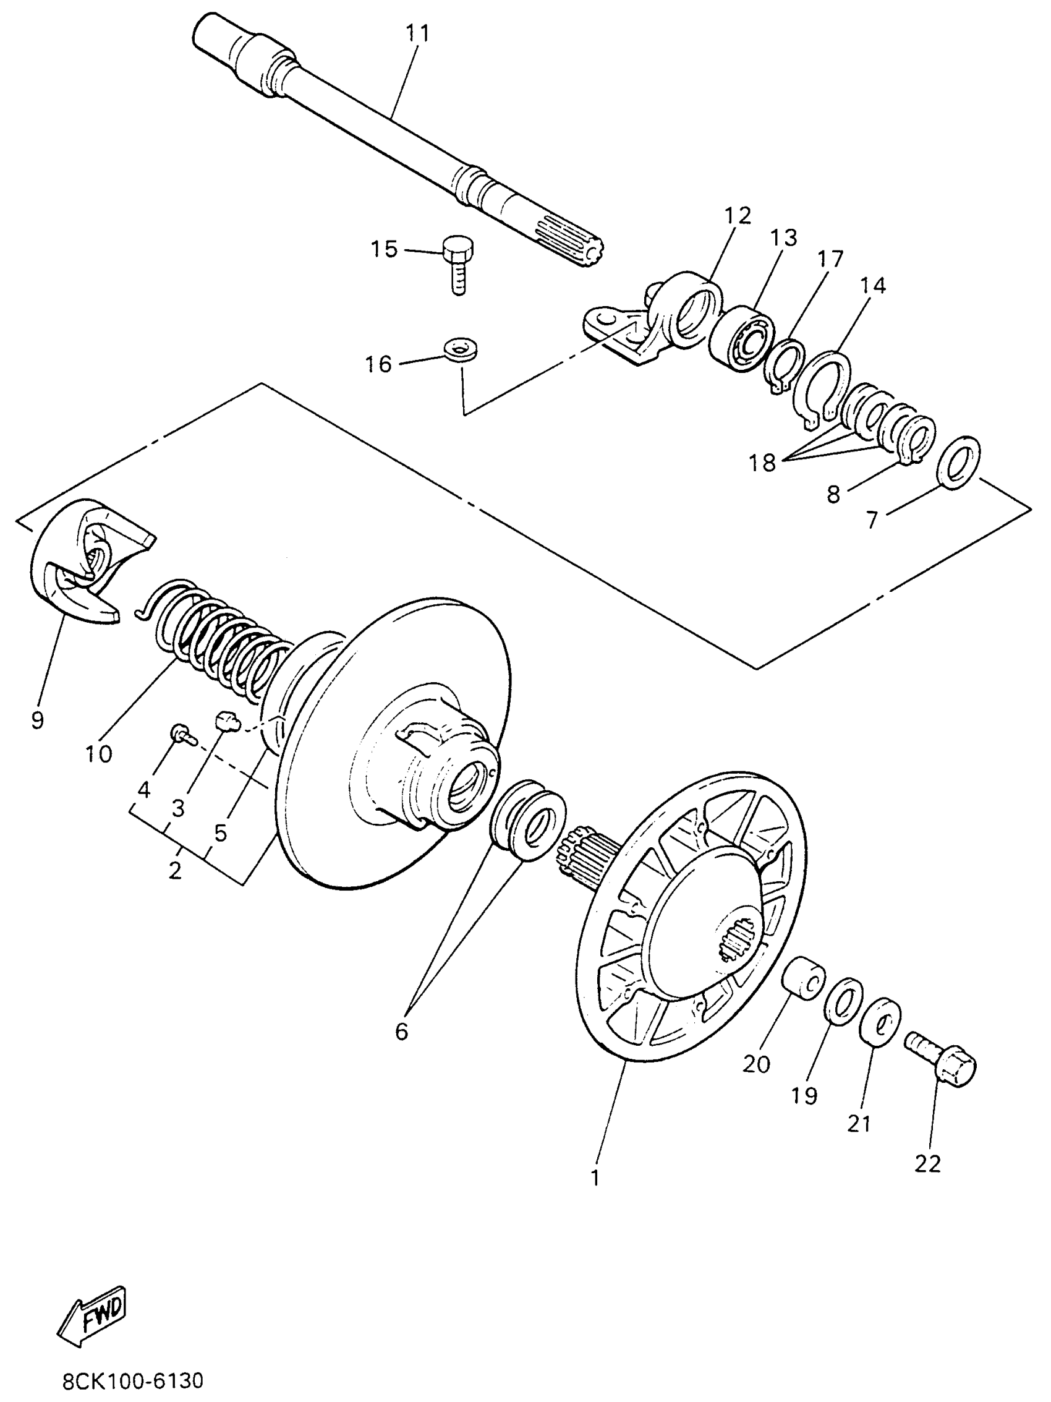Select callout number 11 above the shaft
click(x=417, y=33)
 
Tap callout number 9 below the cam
click(x=37, y=720)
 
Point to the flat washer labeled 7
click(x=958, y=462)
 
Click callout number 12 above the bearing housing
click(x=738, y=216)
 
